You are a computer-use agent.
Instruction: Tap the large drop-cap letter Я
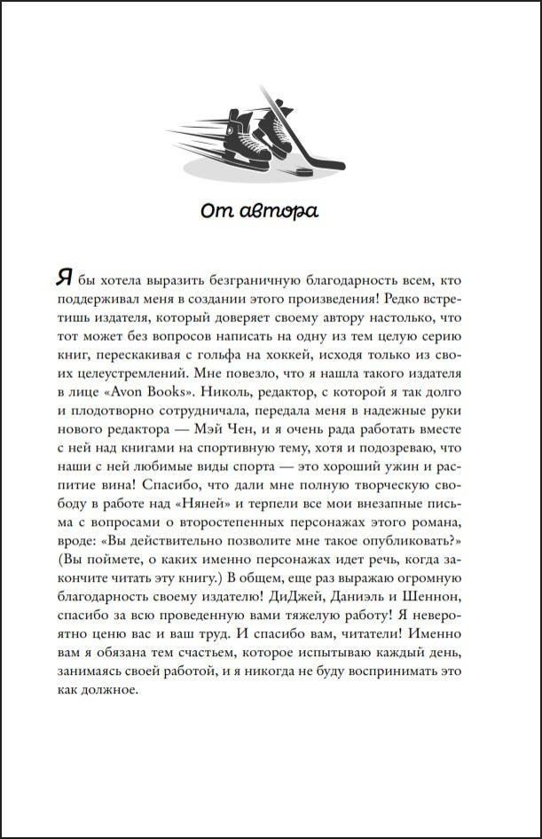coord(62,276)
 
